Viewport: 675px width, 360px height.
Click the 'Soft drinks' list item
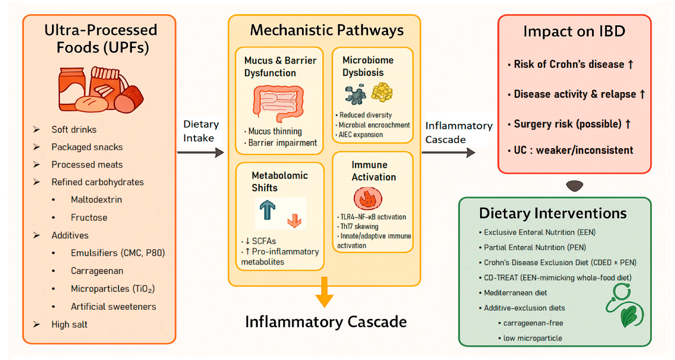[74, 129]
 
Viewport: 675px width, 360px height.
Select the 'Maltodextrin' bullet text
[96, 200]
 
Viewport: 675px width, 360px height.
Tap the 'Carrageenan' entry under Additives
[97, 271]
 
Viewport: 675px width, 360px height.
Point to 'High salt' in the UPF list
[69, 324]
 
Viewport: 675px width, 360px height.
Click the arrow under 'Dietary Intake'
[200, 153]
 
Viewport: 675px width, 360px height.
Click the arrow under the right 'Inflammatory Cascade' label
[448, 153]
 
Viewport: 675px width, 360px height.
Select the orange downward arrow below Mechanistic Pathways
[324, 292]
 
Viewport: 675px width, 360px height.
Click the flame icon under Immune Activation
[368, 199]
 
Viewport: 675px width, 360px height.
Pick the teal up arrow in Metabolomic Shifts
[267, 210]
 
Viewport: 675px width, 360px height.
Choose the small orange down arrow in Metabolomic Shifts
[294, 221]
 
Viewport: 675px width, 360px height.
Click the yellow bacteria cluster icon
[382, 92]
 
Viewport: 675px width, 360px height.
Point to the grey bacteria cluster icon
[355, 94]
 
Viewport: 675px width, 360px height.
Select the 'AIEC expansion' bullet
[361, 135]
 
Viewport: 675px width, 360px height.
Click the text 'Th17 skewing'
[359, 226]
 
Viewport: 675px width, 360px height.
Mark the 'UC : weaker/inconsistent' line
[573, 150]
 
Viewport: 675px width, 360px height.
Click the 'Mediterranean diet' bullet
[515, 292]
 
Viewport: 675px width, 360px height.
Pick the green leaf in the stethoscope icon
[629, 315]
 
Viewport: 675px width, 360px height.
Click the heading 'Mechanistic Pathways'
[327, 30]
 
